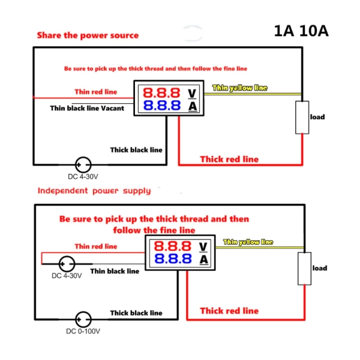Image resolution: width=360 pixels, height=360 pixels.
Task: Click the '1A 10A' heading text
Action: point(301,31)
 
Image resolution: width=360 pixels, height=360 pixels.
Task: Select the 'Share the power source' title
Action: point(88,35)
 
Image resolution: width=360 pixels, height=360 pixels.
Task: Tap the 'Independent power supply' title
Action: point(94,191)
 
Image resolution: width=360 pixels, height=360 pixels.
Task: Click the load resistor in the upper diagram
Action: point(301,117)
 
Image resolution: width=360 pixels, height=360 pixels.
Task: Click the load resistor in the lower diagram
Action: point(305,268)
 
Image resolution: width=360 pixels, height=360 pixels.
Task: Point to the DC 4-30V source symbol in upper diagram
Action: point(83,164)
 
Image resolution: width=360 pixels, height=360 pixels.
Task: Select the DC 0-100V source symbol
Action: point(83,319)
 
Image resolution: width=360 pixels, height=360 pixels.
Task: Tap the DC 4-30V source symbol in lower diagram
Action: point(66,264)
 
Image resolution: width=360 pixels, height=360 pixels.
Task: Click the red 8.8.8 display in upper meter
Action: point(161,93)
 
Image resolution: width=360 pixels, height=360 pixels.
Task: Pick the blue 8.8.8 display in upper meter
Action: point(161,106)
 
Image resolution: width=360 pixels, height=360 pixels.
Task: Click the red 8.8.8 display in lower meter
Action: point(172,246)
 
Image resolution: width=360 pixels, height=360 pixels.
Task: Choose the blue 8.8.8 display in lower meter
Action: point(172,259)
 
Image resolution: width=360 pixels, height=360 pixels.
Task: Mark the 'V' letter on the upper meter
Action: point(192,93)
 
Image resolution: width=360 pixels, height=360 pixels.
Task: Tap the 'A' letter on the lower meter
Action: point(203,260)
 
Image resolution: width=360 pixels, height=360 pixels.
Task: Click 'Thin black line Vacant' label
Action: point(88,109)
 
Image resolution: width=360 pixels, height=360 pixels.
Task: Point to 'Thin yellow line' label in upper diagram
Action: point(240,88)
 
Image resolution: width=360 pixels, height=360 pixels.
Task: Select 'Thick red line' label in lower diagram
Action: point(229,311)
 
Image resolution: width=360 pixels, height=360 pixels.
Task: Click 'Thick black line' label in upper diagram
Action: point(136,149)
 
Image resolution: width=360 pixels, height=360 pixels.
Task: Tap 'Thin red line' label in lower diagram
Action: point(96,246)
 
